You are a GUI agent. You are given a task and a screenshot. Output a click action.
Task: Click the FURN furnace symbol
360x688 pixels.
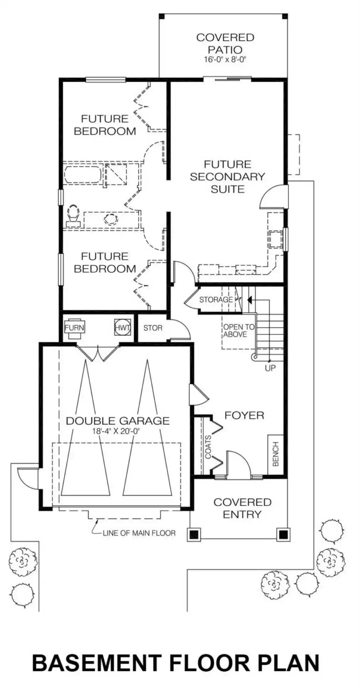pos(74,327)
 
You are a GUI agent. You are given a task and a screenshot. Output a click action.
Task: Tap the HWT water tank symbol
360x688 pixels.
pos(122,327)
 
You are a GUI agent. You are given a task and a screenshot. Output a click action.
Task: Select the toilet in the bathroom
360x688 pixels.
pos(73,215)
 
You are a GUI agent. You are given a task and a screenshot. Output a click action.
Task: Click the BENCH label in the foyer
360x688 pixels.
pos(276,454)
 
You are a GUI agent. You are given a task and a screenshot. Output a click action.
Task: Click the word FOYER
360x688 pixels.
pos(244,415)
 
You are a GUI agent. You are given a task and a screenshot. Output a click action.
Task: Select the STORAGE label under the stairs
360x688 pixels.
pos(216,300)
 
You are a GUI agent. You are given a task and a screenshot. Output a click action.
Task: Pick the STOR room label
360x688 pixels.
pos(153,328)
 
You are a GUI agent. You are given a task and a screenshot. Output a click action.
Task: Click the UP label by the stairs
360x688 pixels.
pos(270,368)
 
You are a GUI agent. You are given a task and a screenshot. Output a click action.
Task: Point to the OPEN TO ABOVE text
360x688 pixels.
pos(239,331)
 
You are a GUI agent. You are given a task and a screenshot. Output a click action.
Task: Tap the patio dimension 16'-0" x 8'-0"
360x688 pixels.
pos(225,59)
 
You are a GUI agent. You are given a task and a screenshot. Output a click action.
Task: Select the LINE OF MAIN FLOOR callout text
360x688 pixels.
pos(139,533)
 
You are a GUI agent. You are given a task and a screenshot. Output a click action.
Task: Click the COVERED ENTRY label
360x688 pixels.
pos(242,508)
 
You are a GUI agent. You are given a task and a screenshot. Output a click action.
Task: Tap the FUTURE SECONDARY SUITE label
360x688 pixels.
pos(227,177)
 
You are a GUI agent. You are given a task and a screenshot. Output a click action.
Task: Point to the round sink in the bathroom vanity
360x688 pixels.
pos(111,219)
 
